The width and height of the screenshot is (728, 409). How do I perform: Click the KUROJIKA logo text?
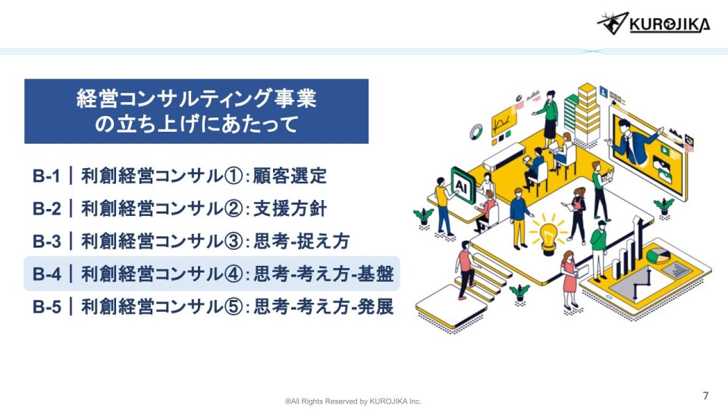coord(670,24)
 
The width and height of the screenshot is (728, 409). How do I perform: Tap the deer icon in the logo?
coord(613,23)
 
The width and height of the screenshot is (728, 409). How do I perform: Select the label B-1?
coord(46,176)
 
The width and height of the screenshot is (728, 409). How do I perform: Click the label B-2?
coord(46,209)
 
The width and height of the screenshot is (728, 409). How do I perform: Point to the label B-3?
coord(46,241)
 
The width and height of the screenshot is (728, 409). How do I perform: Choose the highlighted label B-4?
coord(46,273)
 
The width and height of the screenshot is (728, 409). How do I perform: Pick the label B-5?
coord(46,307)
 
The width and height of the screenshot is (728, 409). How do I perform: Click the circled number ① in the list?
coord(234,176)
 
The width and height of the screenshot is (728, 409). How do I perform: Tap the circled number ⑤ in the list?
coord(234,307)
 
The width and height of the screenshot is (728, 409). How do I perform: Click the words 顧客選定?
coord(290,176)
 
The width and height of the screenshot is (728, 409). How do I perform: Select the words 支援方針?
coord(290,209)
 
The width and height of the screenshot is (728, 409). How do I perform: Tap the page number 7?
coord(706,395)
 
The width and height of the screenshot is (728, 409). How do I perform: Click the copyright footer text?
coord(353,401)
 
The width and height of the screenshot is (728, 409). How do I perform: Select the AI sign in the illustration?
coord(463,186)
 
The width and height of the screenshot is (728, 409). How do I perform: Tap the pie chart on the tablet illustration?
coord(658,255)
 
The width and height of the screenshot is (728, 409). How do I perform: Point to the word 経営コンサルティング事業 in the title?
coord(196,98)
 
